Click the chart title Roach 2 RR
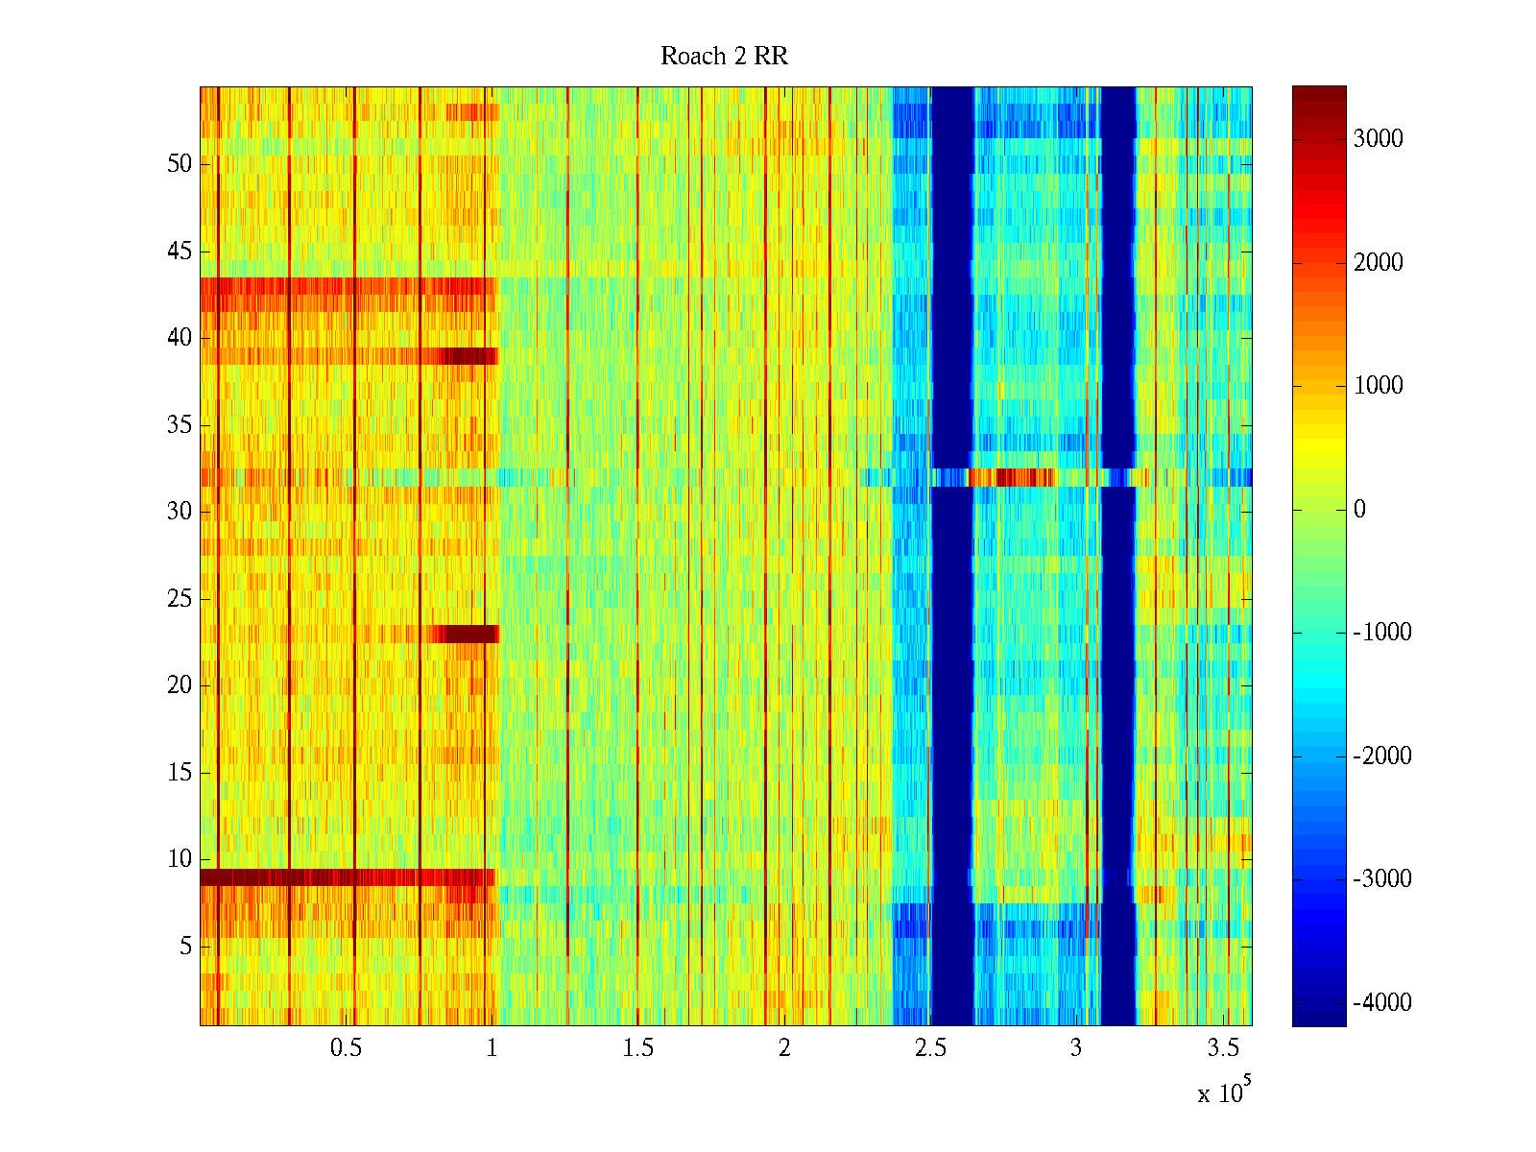724,57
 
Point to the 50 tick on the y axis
180,164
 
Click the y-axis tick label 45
180,252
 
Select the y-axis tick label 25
180,599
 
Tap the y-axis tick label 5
185,947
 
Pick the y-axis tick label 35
180,425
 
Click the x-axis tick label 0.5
346,1048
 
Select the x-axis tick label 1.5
637,1048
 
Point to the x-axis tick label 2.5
930,1048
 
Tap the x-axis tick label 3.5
1222,1048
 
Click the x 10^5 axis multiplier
1222,1092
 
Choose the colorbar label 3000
1378,139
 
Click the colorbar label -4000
1382,1003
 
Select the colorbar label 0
1359,510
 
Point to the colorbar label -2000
1382,756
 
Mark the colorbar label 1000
1378,386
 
